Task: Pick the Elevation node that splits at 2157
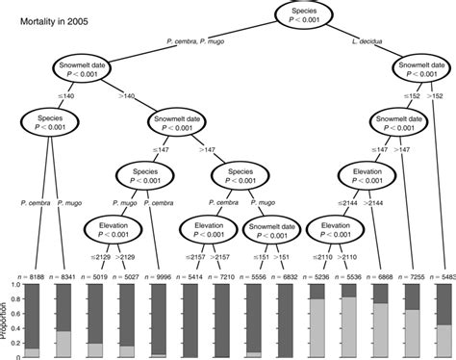click(x=209, y=231)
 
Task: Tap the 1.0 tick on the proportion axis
click(x=12, y=284)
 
